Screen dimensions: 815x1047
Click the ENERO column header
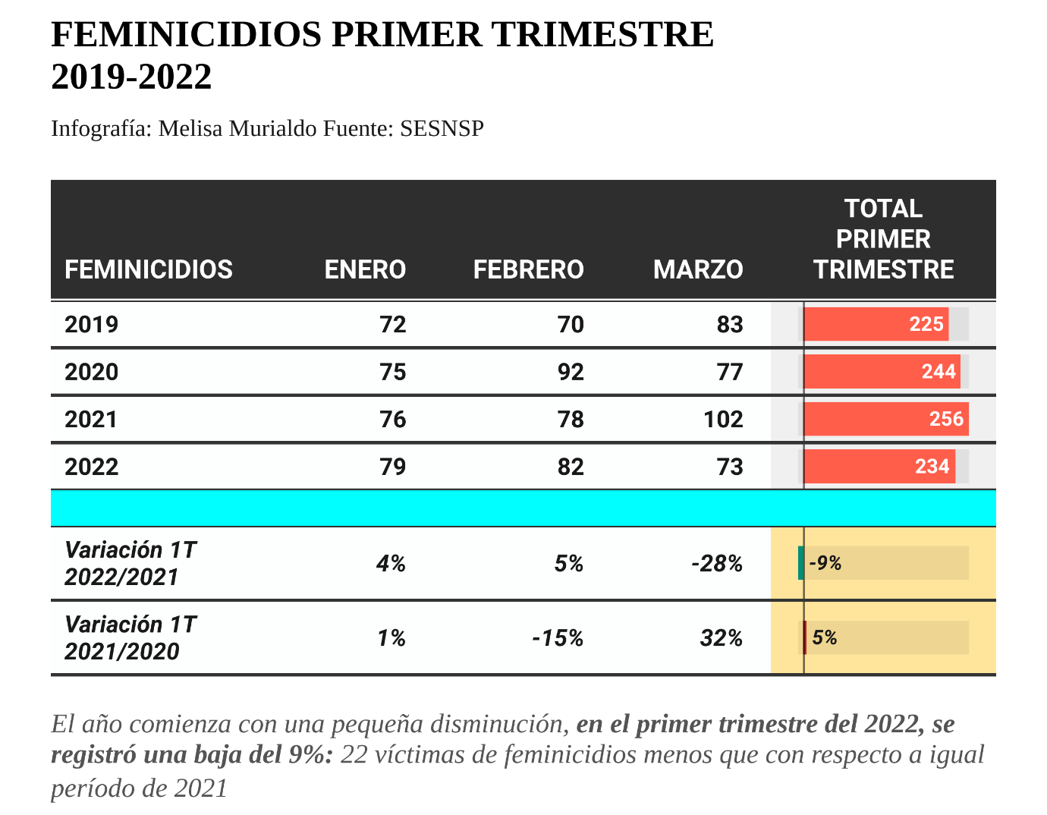coord(365,269)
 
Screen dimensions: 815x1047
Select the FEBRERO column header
coord(528,269)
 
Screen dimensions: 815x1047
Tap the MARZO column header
coord(698,269)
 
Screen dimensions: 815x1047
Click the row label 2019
coord(92,325)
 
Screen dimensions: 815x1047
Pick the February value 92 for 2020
coord(571,372)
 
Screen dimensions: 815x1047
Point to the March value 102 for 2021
coord(723,419)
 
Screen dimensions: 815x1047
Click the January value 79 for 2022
coord(393,466)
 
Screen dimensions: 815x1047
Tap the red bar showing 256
coord(885,419)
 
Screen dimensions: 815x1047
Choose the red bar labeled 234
coord(879,466)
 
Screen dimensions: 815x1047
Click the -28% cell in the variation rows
coord(717,564)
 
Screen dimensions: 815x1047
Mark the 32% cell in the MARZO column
coord(722,638)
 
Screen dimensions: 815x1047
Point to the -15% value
coord(558,638)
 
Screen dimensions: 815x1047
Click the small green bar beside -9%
coord(801,563)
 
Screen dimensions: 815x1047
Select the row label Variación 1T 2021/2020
coord(130,638)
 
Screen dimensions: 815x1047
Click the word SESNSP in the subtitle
coord(442,128)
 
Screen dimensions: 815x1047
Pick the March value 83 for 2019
coord(730,325)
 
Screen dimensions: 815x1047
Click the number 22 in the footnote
coord(354,755)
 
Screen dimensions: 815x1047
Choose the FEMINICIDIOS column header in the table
coord(149,269)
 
